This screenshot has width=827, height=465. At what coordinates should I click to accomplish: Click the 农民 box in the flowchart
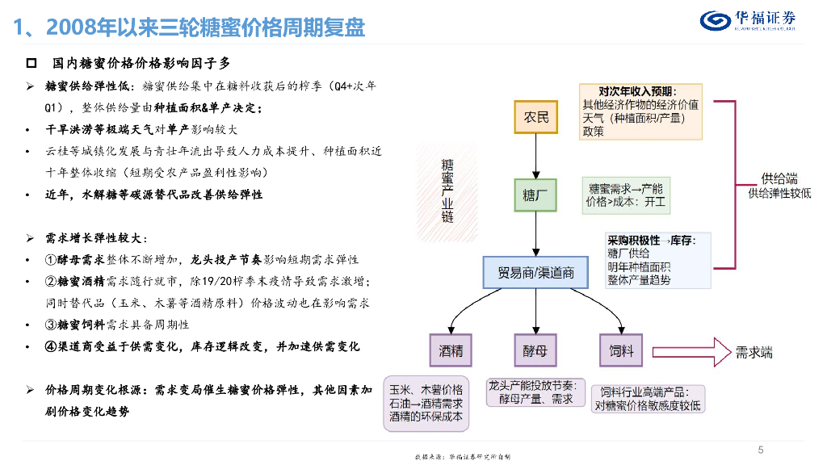click(536, 117)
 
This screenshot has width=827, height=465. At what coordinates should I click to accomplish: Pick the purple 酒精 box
click(450, 351)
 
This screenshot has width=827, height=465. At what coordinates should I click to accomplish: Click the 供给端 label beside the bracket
click(779, 178)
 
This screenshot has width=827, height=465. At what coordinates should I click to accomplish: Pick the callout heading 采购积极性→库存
click(657, 240)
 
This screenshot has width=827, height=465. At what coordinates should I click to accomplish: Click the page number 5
click(760, 450)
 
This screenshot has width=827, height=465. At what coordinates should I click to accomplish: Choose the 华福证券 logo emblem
click(715, 19)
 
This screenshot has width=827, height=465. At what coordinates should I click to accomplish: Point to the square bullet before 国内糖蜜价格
click(31, 63)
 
